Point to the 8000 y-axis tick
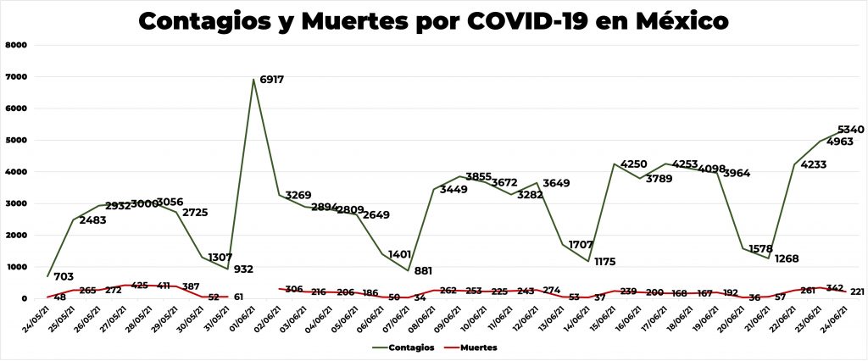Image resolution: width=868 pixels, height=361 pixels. pos(17,45)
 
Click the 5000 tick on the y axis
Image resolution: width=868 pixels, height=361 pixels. pos(17,140)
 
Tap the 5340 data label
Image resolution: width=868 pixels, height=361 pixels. pos(850,130)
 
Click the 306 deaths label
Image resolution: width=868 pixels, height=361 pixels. pos(294,289)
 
